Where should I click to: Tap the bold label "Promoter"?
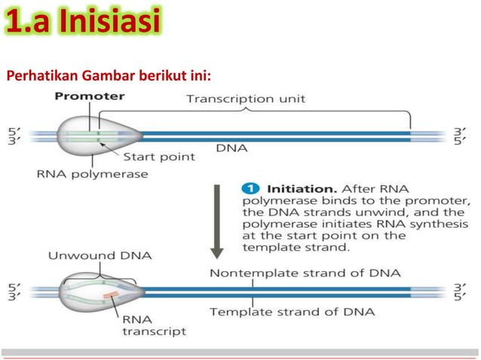(x=90, y=96)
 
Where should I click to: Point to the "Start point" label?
(x=159, y=157)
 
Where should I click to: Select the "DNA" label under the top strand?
(x=232, y=148)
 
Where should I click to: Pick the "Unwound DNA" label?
(x=100, y=255)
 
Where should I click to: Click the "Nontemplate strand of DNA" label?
(x=305, y=272)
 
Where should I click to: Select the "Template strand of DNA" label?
(x=293, y=311)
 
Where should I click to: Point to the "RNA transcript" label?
(x=154, y=325)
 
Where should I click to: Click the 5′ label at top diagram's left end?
(x=13, y=130)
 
